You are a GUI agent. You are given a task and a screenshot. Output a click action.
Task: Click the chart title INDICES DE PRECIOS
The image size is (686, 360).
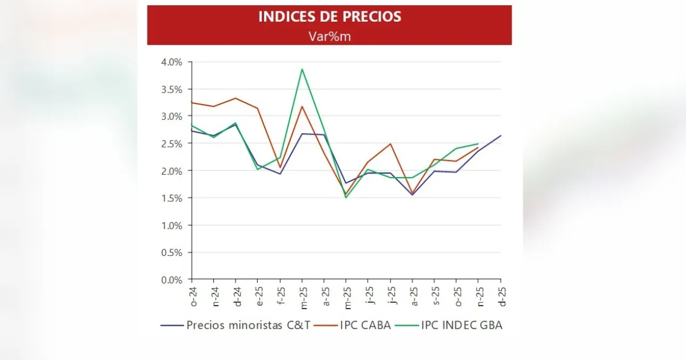point(329,17)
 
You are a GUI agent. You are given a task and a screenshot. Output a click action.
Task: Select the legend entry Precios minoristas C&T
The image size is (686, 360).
point(248,325)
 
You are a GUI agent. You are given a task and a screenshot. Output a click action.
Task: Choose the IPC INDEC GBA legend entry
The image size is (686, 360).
point(461,325)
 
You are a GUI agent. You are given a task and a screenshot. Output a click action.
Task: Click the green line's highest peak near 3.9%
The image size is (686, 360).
point(302,69)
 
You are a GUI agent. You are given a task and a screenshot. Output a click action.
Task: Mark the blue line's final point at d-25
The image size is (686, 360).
point(501,135)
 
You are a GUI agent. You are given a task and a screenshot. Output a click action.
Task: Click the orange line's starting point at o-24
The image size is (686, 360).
point(192,102)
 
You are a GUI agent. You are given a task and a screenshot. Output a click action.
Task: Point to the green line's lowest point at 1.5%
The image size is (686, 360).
point(346,198)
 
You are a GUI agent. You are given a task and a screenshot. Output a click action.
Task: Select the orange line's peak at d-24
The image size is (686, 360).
point(236,98)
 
